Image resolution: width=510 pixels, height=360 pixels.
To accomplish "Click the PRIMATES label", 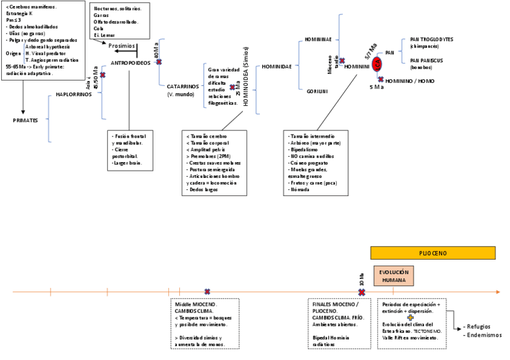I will point(25,120).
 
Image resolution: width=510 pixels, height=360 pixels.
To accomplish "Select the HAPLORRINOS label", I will point(73,94).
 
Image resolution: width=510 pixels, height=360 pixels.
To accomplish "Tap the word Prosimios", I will point(121,46).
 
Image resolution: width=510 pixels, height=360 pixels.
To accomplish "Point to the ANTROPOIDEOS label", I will point(131,63).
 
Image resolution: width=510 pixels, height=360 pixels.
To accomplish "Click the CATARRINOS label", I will point(183,87).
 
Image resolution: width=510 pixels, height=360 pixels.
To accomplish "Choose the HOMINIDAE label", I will point(277,67).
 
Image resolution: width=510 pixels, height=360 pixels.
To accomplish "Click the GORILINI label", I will point(316,91).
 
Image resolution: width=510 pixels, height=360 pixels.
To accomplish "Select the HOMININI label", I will point(357,67).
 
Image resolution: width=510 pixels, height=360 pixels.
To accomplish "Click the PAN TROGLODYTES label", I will point(431,39).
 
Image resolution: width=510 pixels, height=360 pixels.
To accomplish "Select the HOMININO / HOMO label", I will point(410,81).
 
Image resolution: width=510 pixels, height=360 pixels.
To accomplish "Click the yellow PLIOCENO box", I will point(432,253).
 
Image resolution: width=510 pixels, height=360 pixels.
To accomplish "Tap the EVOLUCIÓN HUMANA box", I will point(394,276).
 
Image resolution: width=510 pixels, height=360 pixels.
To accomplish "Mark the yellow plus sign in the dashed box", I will point(411,317).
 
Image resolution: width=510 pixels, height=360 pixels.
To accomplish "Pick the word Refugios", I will point(481,328).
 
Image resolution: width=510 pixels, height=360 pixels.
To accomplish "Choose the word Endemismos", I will point(484,335).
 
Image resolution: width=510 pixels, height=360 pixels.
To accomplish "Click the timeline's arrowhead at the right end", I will point(497,292).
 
